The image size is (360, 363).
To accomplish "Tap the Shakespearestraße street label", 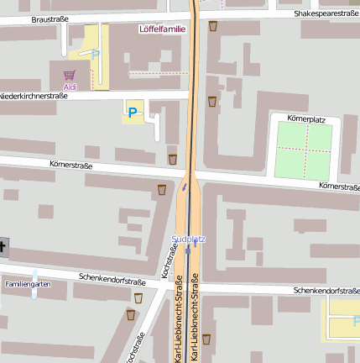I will tap(326, 13).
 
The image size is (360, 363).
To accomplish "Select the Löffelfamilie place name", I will tap(162, 28).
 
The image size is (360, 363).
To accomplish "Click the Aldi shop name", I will tap(70, 87).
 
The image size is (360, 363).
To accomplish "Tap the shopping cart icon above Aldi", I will tap(70, 75).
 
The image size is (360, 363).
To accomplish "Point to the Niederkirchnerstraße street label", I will tap(34, 96).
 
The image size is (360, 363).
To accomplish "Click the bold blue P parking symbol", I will tap(132, 110).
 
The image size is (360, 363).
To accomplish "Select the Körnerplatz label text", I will tap(305, 119).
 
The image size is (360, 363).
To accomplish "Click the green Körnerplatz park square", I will tap(303, 151).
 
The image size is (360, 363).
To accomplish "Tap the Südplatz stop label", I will tap(188, 239).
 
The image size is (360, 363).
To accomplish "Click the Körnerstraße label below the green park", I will tap(339, 186).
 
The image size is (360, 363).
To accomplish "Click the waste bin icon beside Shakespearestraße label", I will tap(213, 26).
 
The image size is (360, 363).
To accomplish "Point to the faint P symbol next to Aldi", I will tap(95, 54).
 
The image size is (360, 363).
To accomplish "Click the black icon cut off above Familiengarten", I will tap(3, 247).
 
